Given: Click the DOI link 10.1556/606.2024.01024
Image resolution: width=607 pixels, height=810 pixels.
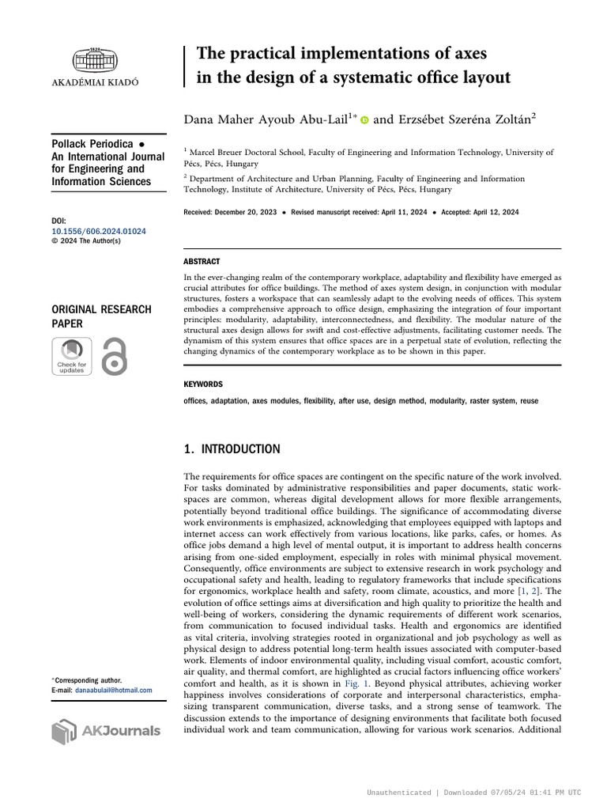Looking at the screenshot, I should click(x=98, y=231).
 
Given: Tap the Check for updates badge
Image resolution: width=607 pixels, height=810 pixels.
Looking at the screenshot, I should click(x=71, y=356).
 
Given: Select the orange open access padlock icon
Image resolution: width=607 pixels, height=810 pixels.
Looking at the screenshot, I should click(x=115, y=356).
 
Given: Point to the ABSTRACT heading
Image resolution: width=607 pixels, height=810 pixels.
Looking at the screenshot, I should click(x=202, y=261).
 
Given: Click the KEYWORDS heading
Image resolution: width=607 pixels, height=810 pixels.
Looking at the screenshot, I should click(x=203, y=384).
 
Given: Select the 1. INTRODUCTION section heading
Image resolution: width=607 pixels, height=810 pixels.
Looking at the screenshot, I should click(x=232, y=449).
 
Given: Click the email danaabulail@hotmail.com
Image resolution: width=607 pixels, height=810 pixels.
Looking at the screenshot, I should click(x=113, y=690).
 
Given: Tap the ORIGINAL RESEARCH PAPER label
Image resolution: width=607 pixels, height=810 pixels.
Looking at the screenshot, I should click(x=100, y=316).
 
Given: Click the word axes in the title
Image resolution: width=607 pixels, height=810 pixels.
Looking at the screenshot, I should click(x=466, y=54).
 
